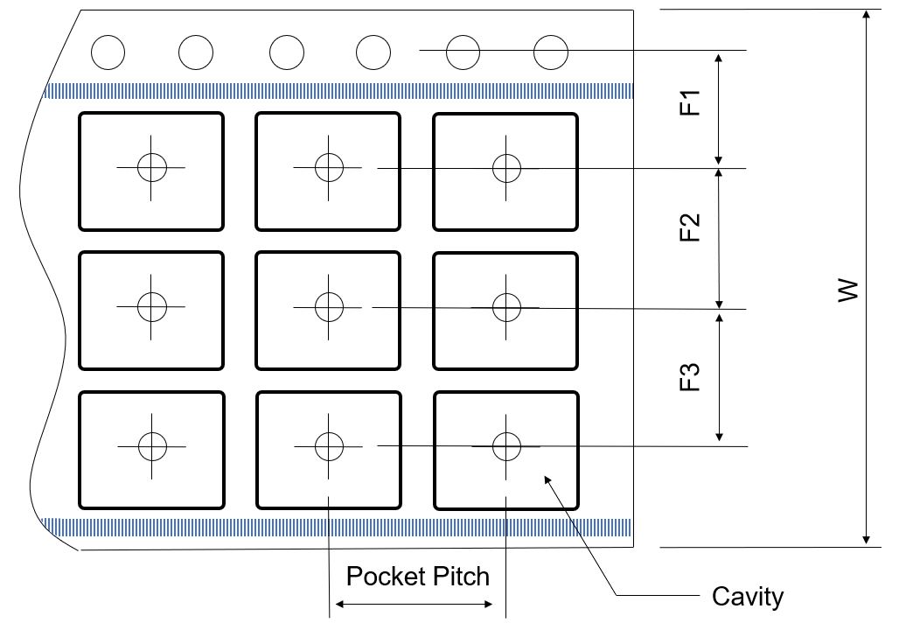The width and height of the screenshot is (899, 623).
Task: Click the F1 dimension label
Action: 691,102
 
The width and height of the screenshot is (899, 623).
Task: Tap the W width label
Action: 847,291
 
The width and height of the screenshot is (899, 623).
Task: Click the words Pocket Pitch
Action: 418,577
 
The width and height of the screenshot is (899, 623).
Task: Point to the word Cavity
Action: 748,597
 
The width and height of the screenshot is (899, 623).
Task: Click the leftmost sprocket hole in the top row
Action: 108,52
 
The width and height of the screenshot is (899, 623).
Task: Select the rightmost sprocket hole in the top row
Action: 551,52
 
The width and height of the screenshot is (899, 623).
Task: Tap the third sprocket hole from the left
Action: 287,52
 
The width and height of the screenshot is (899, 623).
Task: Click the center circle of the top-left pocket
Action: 151,166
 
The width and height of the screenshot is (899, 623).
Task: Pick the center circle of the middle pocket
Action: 328,307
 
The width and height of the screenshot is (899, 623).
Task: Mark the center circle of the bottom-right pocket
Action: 506,446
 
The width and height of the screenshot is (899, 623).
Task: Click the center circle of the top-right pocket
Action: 506,167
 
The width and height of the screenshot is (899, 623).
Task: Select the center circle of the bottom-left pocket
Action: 151,446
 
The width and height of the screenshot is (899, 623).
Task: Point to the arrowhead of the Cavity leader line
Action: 547,477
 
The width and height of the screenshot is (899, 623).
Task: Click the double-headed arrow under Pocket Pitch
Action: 415,605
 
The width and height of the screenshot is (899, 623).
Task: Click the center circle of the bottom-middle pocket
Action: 328,446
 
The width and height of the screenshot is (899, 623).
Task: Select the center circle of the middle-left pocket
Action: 151,306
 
